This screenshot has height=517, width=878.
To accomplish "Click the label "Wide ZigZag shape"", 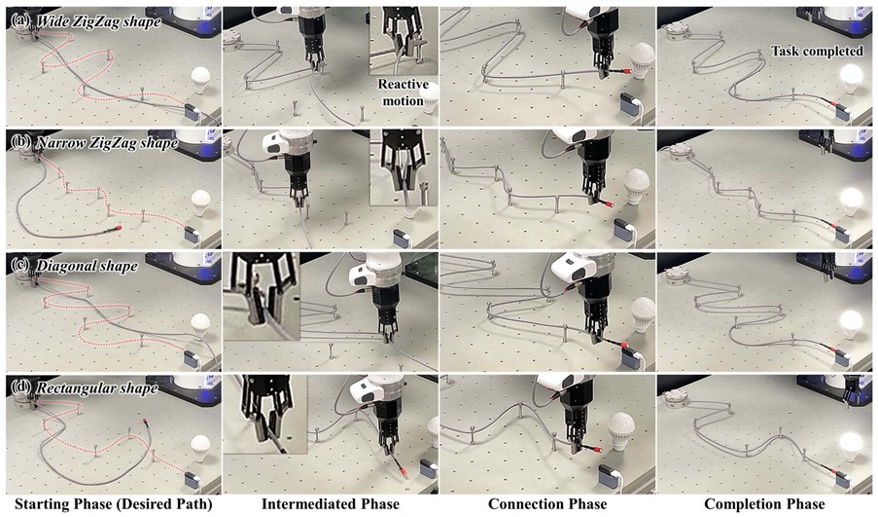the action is [x=98, y=21].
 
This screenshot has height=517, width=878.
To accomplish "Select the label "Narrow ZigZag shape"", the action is [x=106, y=143].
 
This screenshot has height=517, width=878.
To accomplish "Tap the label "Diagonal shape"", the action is [x=87, y=265].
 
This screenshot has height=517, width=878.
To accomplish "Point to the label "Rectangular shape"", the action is [x=96, y=388].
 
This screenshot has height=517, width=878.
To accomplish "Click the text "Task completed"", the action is [x=817, y=51].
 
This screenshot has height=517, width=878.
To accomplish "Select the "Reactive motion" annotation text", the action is [x=403, y=92].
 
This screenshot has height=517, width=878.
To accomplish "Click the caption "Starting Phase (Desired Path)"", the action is [x=114, y=504].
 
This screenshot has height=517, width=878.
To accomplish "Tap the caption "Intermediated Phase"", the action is [x=331, y=504].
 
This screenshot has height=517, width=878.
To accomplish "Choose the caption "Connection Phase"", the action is [x=547, y=504].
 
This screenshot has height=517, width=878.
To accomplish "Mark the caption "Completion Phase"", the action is [x=764, y=504].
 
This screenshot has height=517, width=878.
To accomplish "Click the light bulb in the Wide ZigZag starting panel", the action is [x=201, y=80].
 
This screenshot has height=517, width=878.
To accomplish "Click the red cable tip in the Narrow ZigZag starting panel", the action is [x=119, y=228].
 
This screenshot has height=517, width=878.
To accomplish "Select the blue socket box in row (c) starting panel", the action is [x=192, y=356].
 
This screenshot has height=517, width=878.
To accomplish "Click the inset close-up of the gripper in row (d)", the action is [x=264, y=414].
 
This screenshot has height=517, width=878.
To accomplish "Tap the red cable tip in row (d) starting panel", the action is [x=145, y=420].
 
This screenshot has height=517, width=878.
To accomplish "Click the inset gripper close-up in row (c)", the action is [x=261, y=296].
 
